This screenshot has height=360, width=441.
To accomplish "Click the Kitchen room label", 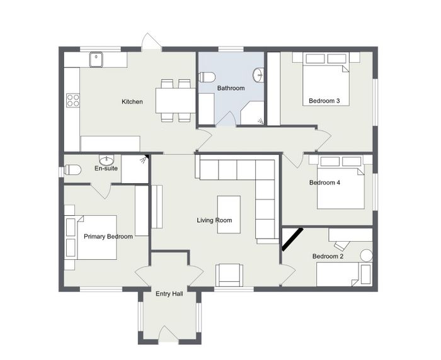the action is pyautogui.click(x=132, y=102).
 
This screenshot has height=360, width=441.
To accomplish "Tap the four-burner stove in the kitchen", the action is pyautogui.click(x=73, y=100).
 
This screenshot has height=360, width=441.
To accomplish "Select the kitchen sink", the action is pyautogui.click(x=96, y=60).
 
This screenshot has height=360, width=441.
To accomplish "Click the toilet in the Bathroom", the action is pyautogui.click(x=207, y=77).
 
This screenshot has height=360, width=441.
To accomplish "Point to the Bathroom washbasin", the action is pyautogui.click(x=258, y=75).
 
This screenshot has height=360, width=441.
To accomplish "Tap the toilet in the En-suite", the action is pyautogui.click(x=72, y=170).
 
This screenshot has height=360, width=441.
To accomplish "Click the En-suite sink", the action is pyautogui.click(x=106, y=160).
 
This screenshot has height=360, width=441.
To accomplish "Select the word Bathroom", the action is pyautogui.click(x=231, y=88).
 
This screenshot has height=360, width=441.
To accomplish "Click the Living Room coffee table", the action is pyautogui.click(x=229, y=215).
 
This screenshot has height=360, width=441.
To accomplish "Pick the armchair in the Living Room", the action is pyautogui.click(x=229, y=275).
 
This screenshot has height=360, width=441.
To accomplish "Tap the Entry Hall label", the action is pyautogui.click(x=169, y=294).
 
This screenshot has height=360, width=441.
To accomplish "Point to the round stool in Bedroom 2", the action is pyautogui.click(x=367, y=256).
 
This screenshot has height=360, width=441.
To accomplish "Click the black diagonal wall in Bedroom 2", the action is pyautogui.click(x=292, y=239).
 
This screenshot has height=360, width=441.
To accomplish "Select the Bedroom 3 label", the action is pyautogui.click(x=324, y=101).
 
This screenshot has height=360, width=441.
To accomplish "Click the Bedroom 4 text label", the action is pyautogui.click(x=324, y=183).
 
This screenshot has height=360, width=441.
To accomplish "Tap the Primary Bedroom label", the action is pyautogui.click(x=108, y=237).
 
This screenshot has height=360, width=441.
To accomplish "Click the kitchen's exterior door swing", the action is pyautogui.click(x=152, y=42).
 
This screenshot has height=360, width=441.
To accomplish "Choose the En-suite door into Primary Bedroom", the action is pyautogui.click(x=101, y=191).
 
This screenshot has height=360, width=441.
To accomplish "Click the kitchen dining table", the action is pyautogui.click(x=176, y=101).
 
